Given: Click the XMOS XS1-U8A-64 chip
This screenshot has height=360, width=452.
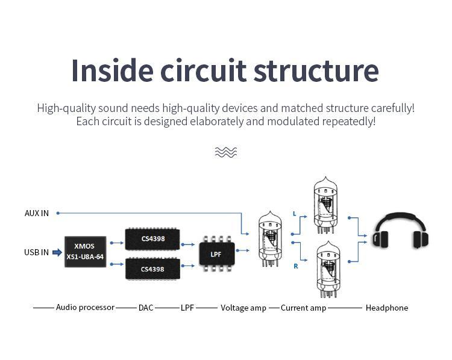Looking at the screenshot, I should [85, 252].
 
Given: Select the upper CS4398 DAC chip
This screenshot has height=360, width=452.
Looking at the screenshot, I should [152, 238].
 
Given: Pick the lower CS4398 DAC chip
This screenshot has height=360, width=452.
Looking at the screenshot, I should [152, 268].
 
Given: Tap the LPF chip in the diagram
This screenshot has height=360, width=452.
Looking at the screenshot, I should [216, 254].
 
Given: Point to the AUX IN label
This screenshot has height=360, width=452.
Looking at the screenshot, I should [37, 213].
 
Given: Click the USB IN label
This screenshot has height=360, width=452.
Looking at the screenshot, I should [37, 252].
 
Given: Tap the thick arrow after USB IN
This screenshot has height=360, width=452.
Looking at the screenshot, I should [57, 252].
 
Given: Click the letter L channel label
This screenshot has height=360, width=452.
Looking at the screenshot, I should [294, 214].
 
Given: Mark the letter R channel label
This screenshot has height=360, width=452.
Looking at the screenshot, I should [295, 265].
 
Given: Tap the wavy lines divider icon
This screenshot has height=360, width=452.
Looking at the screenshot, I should [226, 152].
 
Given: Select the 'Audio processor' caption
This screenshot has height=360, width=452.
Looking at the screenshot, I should [85, 307].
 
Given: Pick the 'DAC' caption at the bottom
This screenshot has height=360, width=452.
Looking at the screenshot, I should [146, 308].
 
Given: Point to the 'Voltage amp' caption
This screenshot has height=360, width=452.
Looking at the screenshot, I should [243, 308].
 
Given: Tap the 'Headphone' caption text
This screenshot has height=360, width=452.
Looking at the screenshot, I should [386, 308].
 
